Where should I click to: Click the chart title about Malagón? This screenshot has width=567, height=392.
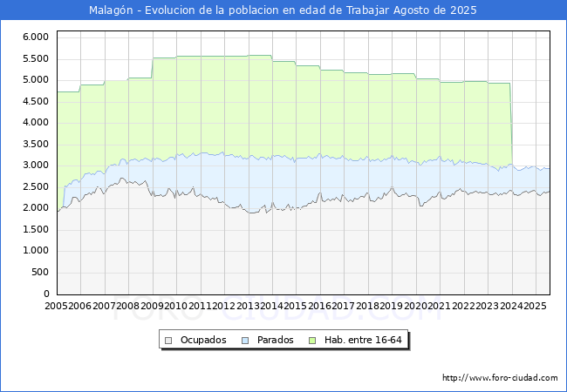(x=283, y=10)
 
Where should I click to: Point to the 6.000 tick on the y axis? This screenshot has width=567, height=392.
(x=34, y=37)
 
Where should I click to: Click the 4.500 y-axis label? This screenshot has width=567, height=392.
(x=34, y=101)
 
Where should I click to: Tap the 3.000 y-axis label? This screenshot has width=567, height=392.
(x=34, y=166)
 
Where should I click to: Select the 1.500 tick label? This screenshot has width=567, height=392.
(x=34, y=229)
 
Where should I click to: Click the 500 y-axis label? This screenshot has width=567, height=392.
(x=39, y=272)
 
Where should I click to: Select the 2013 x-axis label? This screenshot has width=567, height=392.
(x=248, y=307)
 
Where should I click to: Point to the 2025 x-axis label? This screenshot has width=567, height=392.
(x=534, y=307)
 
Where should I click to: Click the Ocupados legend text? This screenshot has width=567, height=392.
(x=202, y=340)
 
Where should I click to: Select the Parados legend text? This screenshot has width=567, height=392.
(x=275, y=340)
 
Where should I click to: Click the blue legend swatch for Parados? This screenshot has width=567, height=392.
(x=244, y=340)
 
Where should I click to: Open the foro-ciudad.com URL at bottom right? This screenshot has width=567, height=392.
(x=500, y=378)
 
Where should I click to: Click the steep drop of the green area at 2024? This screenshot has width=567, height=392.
(x=511, y=122)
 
